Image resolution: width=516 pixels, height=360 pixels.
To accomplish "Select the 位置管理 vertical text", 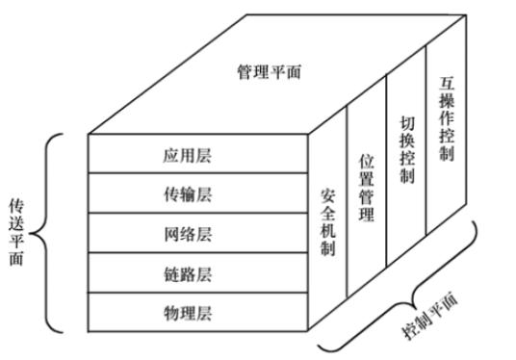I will tap(366, 187).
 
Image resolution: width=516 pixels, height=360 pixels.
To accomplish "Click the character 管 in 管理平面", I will tap(244, 72).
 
